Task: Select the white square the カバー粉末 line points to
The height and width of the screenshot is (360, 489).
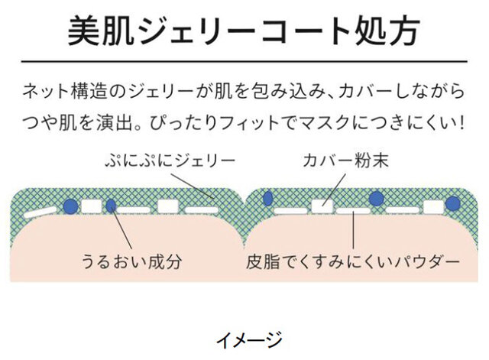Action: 321,206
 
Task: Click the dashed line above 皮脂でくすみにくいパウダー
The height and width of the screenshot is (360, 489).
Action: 352,229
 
